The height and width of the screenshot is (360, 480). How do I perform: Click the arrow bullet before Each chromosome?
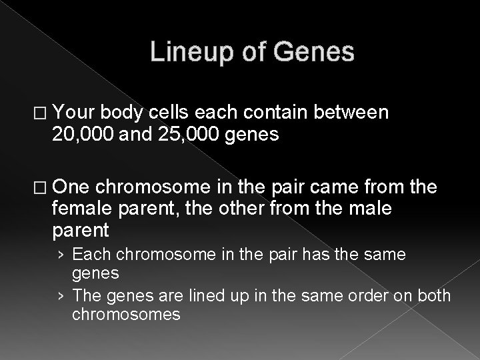[x=61, y=255]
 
